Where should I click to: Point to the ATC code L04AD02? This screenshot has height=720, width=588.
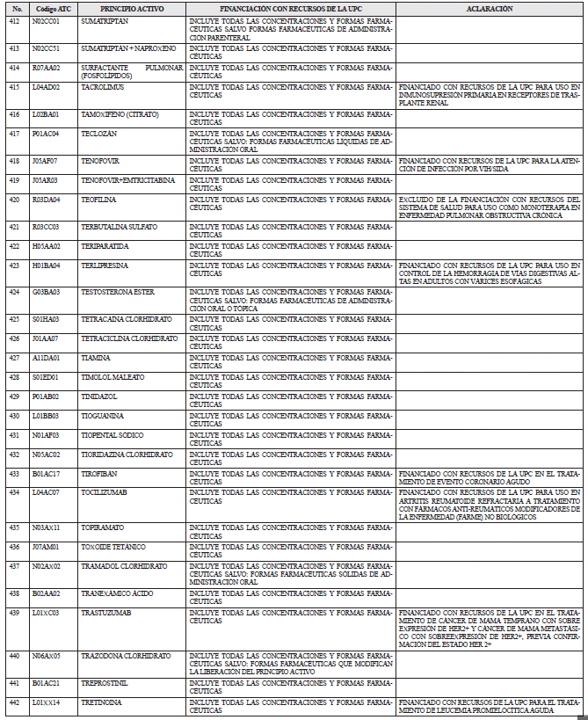[46, 87]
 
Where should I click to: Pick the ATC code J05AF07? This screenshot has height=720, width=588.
[45, 161]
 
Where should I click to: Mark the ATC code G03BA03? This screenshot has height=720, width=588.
[46, 291]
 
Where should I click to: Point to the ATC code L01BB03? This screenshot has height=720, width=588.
[45, 415]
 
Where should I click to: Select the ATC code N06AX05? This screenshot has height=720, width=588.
[46, 656]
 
